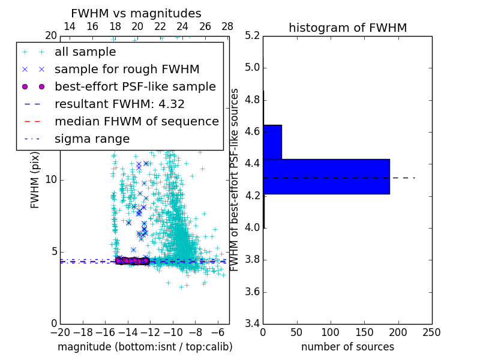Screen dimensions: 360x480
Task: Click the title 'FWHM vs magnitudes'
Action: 136,13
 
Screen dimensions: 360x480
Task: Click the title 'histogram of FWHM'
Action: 347,28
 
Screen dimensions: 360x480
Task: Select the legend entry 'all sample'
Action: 85,52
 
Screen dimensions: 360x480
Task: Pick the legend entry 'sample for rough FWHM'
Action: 127,70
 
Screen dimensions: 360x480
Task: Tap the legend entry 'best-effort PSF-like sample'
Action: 135,87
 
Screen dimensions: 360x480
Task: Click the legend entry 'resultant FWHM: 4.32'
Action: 119,104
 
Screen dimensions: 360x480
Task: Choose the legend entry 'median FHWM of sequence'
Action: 137,122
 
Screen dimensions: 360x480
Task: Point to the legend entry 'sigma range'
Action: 92,139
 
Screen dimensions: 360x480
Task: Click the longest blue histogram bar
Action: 326,176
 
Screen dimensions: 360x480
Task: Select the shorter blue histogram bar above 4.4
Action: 272,142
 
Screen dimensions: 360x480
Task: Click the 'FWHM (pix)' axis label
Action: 35,179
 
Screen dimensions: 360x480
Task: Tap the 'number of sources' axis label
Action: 347,347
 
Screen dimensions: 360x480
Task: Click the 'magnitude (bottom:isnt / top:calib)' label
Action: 145,347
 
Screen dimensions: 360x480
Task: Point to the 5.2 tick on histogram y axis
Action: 253,35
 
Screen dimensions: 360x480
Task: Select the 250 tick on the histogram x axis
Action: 431,332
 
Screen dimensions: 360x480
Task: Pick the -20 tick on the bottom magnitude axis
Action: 60,332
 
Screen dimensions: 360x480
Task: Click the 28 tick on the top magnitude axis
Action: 227,26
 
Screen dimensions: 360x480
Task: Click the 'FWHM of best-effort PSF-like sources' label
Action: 235,179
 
